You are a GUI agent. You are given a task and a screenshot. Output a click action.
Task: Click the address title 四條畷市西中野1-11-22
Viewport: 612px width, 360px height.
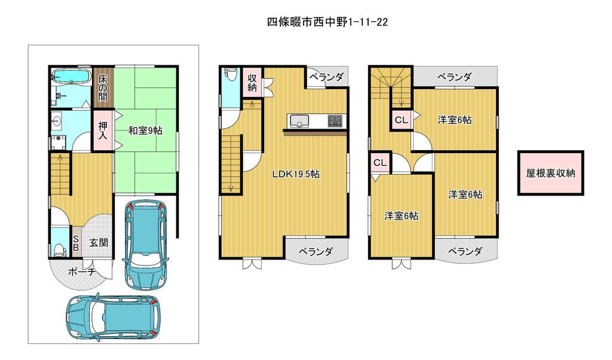point(327,22)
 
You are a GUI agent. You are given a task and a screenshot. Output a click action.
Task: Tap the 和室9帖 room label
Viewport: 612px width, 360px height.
point(146,130)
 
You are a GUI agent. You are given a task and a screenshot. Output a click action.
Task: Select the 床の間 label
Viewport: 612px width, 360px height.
point(103,88)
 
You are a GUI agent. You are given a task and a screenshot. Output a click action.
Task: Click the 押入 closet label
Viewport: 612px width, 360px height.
point(103,130)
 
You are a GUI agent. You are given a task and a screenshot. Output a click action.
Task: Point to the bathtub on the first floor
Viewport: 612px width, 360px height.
point(71,77)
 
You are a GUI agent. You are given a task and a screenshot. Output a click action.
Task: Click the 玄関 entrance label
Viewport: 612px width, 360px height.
point(99,242)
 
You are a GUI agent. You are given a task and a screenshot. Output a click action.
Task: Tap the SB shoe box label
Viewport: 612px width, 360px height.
point(76,243)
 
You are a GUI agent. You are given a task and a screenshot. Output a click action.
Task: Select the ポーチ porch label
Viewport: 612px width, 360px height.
point(81,271)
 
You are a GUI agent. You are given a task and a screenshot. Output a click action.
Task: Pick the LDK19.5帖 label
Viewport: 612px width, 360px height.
point(296,174)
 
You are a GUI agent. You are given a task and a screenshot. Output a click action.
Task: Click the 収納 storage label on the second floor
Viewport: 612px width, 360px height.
point(252,83)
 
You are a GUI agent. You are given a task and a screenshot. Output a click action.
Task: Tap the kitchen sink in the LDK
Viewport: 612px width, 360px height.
point(299,121)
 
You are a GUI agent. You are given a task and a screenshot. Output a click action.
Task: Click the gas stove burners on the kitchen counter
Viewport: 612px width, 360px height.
point(335,120)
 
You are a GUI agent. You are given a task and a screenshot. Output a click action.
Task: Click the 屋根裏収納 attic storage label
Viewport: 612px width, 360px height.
point(550,173)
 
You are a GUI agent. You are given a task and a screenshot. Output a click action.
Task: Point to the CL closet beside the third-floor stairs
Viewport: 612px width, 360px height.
point(401,120)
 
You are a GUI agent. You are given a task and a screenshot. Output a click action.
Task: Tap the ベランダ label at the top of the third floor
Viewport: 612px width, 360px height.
point(454,77)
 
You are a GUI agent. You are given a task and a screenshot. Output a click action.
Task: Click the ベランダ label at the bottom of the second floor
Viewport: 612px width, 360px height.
point(316,251)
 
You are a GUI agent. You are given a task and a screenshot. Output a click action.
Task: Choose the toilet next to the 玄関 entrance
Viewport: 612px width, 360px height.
point(59,248)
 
